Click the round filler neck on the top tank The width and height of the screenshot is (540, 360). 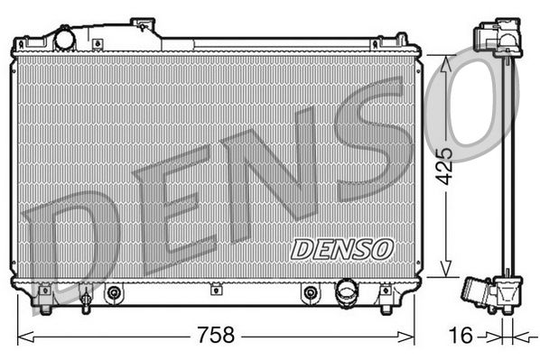(x=65, y=40)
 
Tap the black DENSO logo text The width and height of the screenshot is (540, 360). (x=342, y=247)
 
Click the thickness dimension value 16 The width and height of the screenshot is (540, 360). (x=461, y=336)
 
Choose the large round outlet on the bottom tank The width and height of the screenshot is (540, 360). (x=346, y=292)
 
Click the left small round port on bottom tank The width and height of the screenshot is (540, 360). (x=114, y=292)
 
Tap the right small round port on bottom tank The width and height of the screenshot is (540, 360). (x=310, y=292)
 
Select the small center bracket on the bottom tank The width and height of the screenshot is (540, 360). (x=215, y=290)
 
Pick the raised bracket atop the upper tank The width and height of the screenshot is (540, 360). (x=144, y=26)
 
